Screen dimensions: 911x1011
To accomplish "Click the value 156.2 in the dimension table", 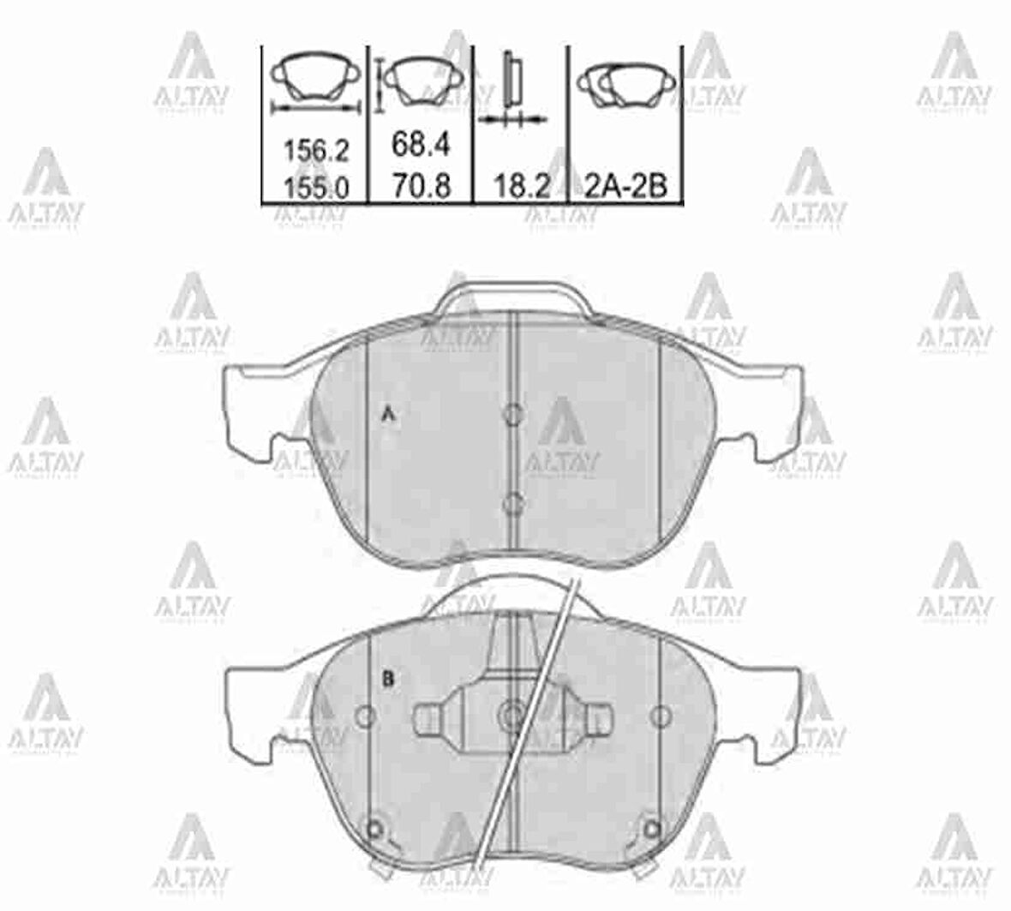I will click(316, 151).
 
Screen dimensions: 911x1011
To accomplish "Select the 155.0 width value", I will click(316, 187).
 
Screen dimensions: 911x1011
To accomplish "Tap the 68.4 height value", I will click(421, 145).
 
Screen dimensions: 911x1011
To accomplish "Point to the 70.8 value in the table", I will click(421, 186).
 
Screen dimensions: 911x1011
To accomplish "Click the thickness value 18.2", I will click(521, 186).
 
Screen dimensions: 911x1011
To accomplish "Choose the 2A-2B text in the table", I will click(625, 186).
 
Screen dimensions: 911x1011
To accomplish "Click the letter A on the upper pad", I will click(387, 416).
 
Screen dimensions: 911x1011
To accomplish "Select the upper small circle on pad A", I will click(512, 415).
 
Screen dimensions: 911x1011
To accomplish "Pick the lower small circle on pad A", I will click(512, 503).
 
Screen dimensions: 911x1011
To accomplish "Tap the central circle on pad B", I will click(512, 713).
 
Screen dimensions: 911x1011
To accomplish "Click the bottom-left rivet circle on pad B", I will click(374, 828).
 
